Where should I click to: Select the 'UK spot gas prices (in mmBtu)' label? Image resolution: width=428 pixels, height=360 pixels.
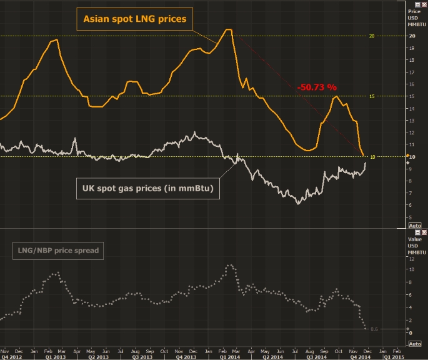(x=148, y=187)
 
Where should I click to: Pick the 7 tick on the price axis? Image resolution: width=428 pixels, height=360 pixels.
(x=412, y=192)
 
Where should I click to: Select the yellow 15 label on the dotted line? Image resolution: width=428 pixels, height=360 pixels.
(x=371, y=96)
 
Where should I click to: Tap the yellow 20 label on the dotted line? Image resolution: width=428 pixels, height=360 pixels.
(x=371, y=36)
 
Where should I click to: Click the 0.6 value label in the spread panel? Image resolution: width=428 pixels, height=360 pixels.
(x=374, y=329)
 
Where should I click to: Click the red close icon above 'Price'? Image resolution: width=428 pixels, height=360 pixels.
(x=423, y=4)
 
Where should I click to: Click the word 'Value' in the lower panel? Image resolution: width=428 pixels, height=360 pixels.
(x=415, y=239)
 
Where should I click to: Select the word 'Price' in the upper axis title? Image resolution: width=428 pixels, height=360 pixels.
(x=414, y=12)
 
